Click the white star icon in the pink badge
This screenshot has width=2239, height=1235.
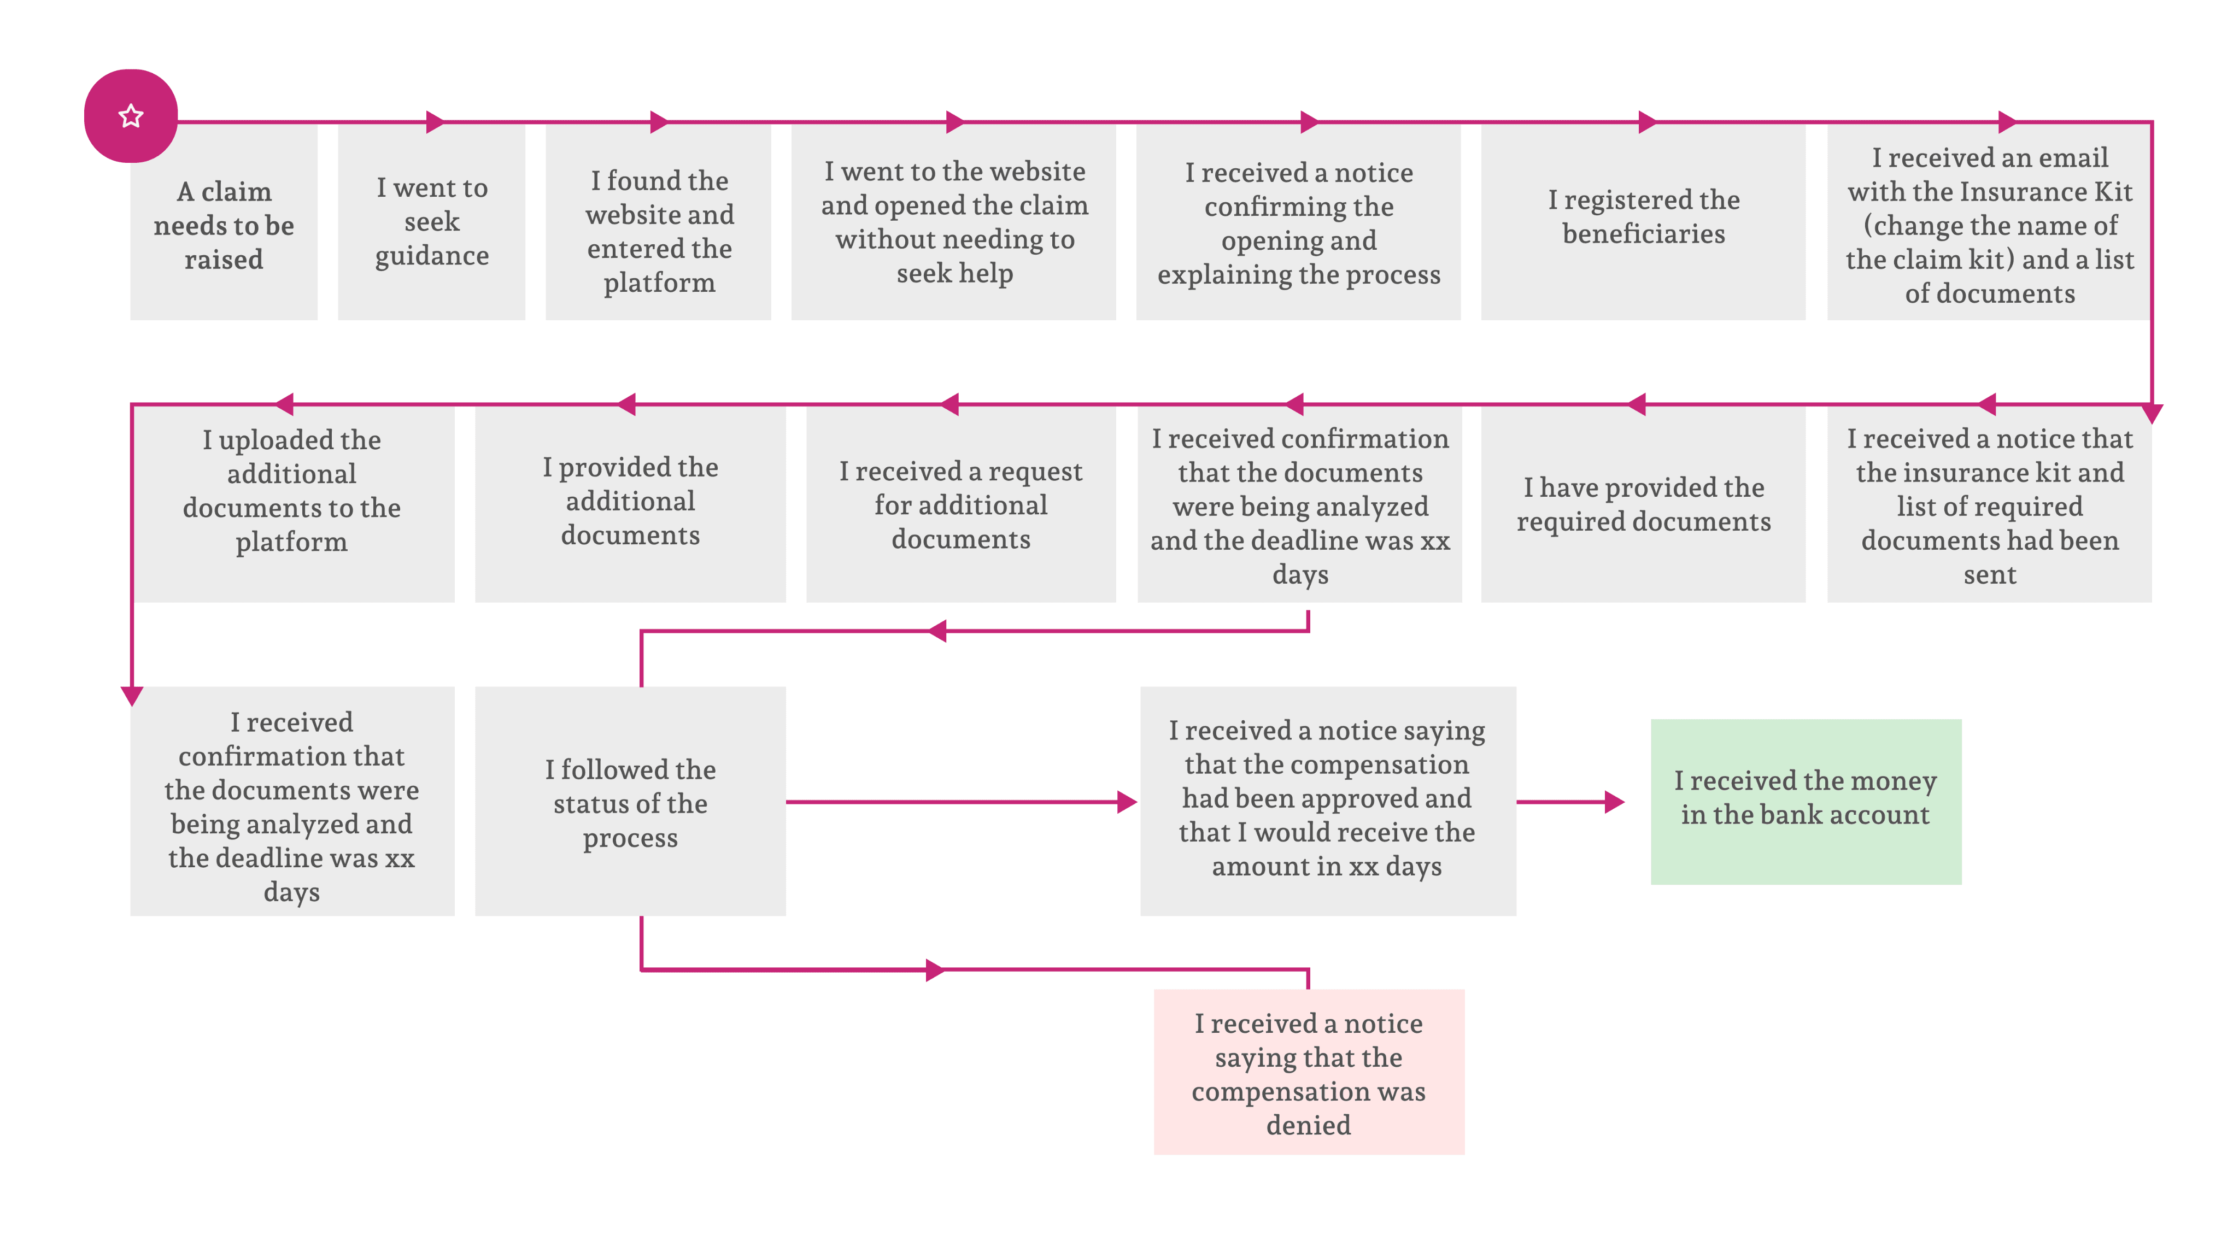pos(131,116)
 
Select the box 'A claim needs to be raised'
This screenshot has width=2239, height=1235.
pos(224,222)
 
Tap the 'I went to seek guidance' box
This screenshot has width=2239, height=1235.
pos(431,222)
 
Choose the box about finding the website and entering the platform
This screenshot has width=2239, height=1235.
pos(658,222)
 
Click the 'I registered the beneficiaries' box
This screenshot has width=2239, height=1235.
pos(1643,222)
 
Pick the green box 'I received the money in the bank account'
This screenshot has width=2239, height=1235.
pos(1806,801)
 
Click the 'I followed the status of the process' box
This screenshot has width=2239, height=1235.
pos(630,801)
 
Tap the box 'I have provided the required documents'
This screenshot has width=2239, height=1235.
pos(1643,504)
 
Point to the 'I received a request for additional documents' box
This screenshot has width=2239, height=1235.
pos(960,504)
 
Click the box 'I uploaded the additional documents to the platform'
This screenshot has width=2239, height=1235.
pos(292,504)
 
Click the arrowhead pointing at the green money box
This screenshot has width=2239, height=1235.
pos(1614,801)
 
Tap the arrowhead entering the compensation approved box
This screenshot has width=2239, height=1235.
pos(1127,801)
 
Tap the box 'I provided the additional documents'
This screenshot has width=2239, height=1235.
pos(630,504)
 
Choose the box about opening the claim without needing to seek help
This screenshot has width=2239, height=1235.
pos(953,222)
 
